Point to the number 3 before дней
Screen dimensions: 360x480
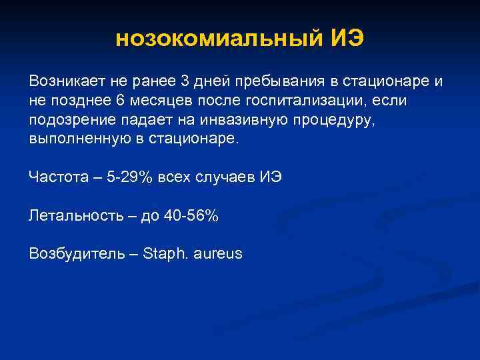pos(184,81)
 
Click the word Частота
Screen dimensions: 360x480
pos(55,178)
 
